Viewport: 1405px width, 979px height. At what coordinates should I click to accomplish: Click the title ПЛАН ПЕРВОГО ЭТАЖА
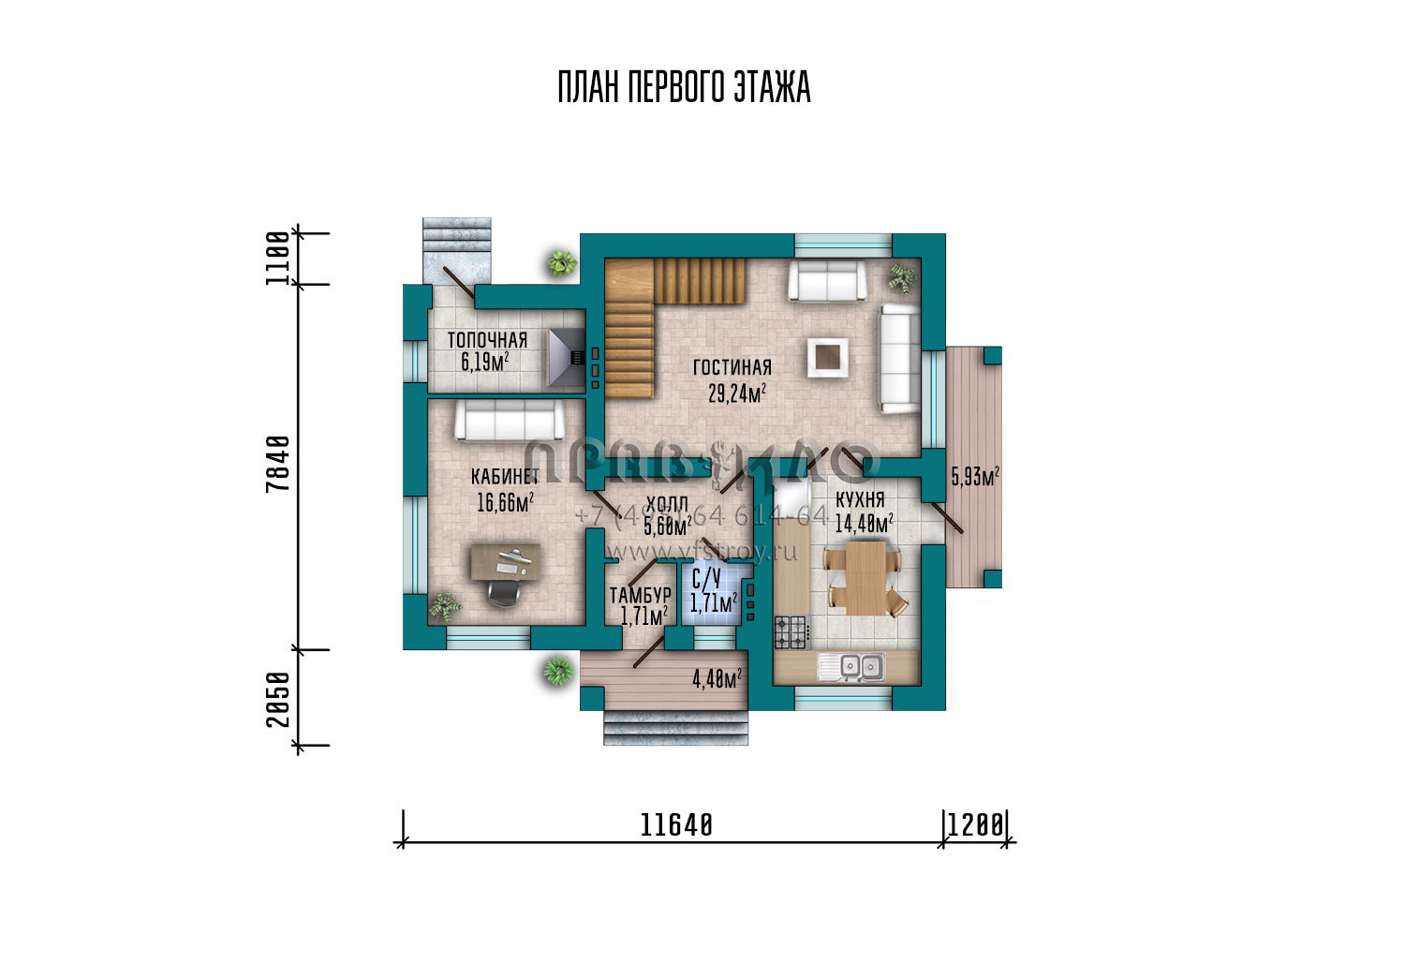pyautogui.click(x=684, y=87)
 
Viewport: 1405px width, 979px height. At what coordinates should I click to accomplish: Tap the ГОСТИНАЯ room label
pyautogui.click(x=732, y=367)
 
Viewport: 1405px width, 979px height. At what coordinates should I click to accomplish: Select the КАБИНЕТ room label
pyautogui.click(x=505, y=476)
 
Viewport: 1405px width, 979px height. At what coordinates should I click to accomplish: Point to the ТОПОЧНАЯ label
pyautogui.click(x=486, y=340)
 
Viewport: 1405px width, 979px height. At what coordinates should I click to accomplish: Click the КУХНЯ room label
pyautogui.click(x=860, y=501)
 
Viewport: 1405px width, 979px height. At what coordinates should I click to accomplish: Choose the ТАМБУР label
pyautogui.click(x=640, y=595)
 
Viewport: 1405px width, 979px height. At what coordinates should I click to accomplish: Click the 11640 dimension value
pyautogui.click(x=676, y=825)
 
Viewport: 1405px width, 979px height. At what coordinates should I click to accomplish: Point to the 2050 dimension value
pyautogui.click(x=277, y=699)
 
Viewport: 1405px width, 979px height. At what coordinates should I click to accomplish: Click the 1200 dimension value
pyautogui.click(x=975, y=825)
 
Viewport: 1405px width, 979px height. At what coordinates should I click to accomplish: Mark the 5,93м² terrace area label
pyautogui.click(x=974, y=477)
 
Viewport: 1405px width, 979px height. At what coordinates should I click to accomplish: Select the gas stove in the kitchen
pyautogui.click(x=791, y=631)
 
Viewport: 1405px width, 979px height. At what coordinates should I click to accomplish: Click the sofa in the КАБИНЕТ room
pyautogui.click(x=506, y=423)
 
